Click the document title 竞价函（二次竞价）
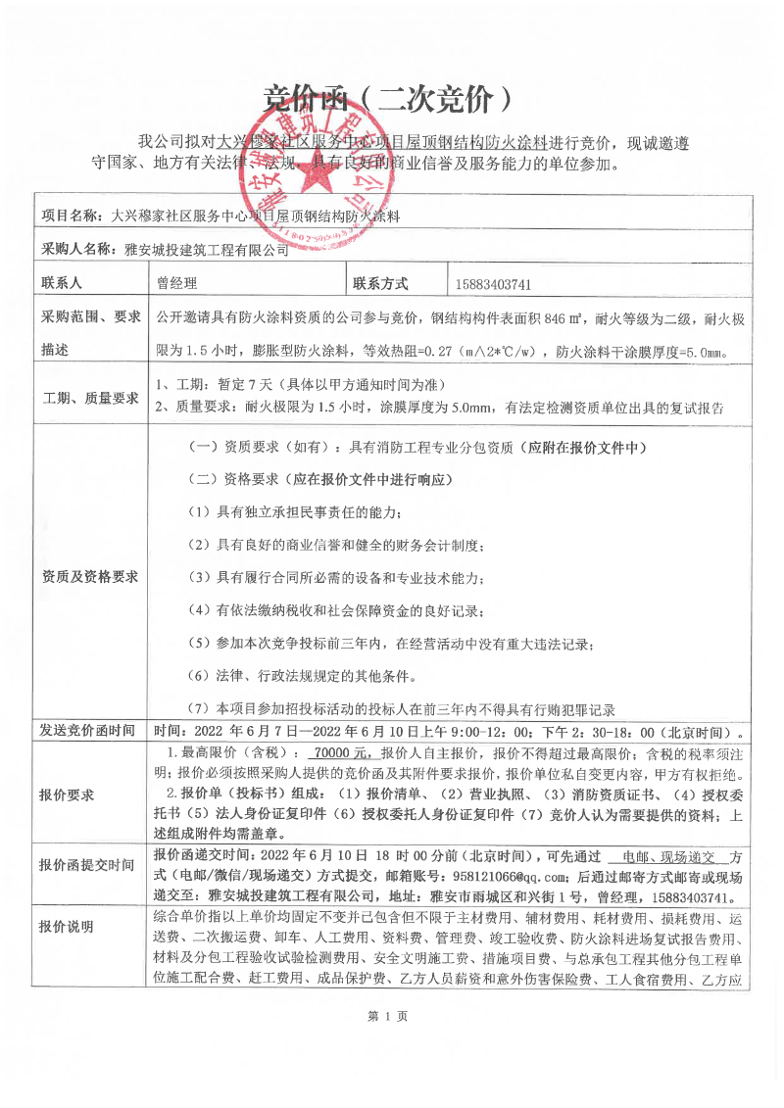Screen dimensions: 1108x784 coord(390,97)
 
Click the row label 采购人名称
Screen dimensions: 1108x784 coord(77,249)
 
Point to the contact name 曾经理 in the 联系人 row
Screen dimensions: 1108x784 coord(177,284)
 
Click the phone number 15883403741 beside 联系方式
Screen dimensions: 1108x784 coord(494,285)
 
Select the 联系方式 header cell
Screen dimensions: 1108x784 coord(394,284)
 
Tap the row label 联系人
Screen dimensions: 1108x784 coord(61,284)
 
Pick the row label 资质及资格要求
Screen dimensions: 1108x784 coord(89,576)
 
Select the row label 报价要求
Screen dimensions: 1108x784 coord(66,795)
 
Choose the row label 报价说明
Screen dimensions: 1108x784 coord(66,928)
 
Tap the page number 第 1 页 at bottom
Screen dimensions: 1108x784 coord(388,1017)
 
